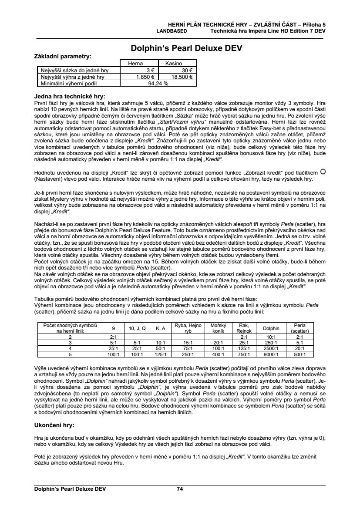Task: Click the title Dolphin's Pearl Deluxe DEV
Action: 186,48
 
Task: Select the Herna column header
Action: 135,64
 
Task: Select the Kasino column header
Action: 173,64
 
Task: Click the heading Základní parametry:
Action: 63,56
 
